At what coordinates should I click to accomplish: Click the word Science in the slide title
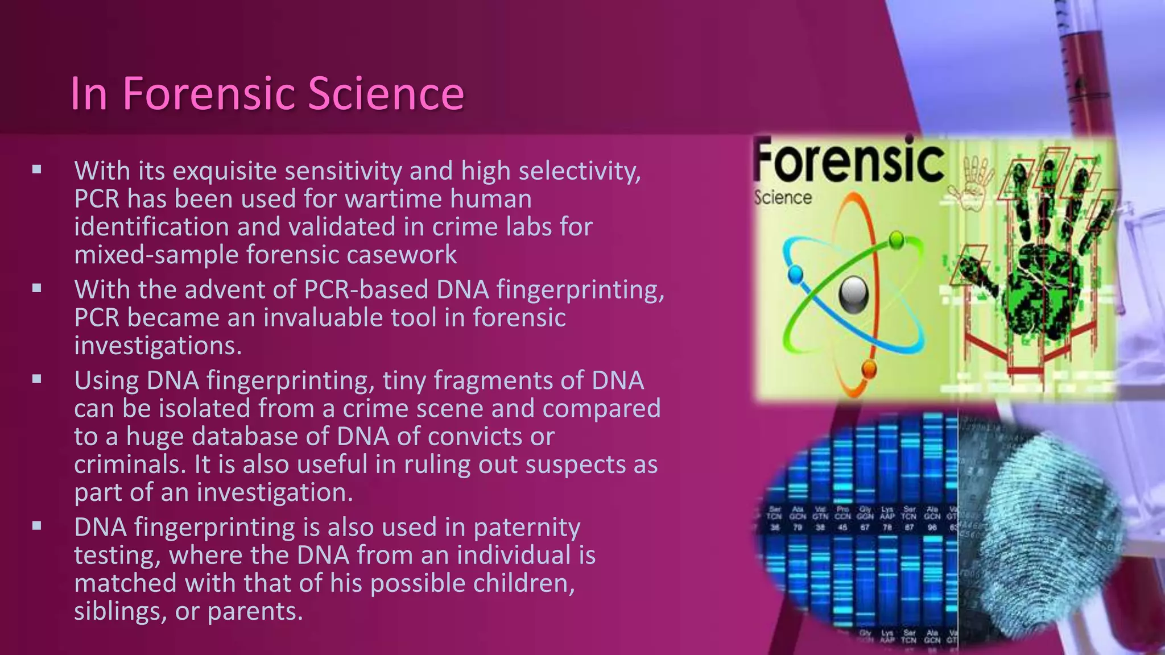[x=386, y=93]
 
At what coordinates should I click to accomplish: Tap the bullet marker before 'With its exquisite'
[x=37, y=169]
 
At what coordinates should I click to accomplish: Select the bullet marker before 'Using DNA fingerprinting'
[x=37, y=379]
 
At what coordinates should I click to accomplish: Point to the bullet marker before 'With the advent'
[x=37, y=288]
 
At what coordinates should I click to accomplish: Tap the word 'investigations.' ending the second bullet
[x=158, y=346]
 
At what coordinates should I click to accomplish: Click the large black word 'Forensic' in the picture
[x=849, y=161]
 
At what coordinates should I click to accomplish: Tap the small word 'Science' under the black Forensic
[x=783, y=198]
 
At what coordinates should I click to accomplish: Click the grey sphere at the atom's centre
[x=854, y=295]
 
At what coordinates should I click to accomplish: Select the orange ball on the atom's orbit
[x=869, y=369]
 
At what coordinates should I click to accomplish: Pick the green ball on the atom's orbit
[x=897, y=240]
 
